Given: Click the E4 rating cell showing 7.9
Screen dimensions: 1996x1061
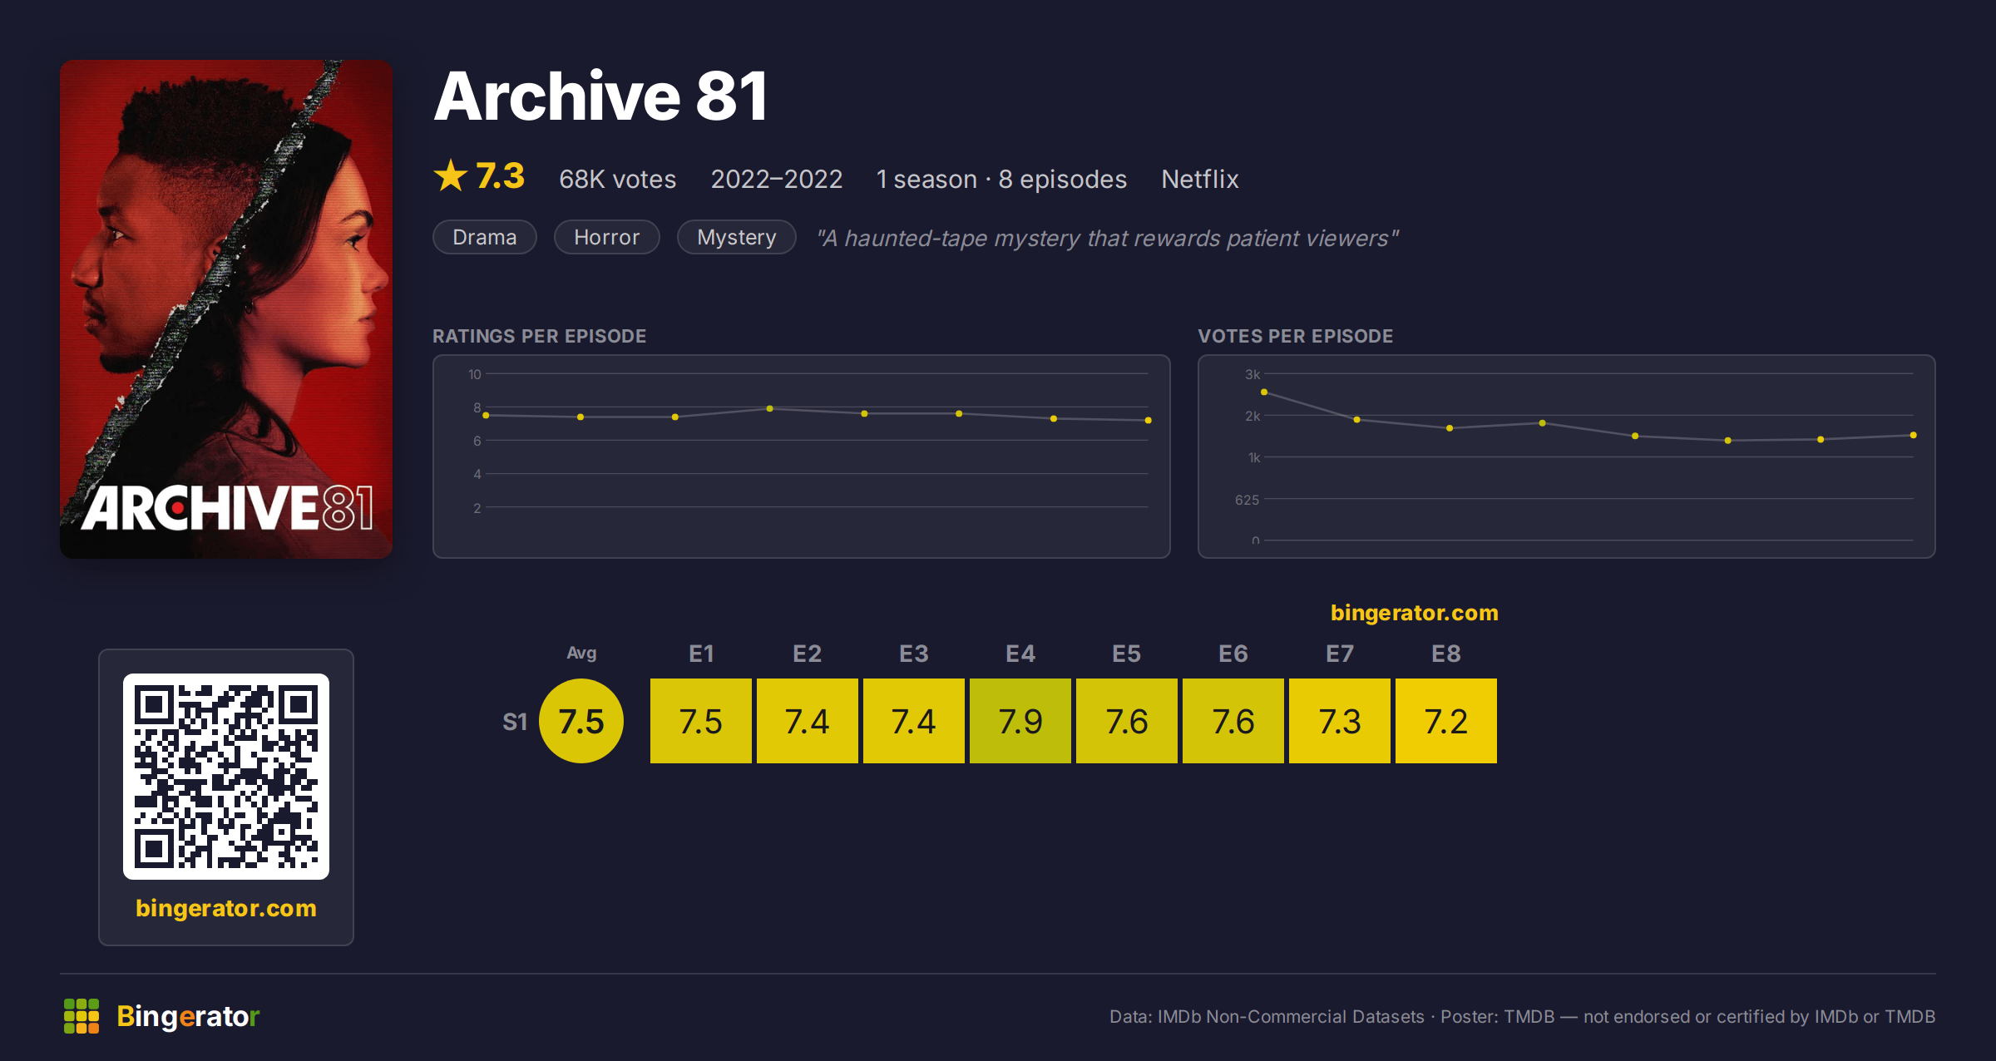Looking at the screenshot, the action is (1020, 721).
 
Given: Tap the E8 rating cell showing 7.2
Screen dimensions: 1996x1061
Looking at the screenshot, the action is (1446, 721).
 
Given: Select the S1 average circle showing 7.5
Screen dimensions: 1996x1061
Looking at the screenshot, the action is (581, 721).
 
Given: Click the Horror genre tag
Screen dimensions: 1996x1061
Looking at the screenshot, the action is (607, 237).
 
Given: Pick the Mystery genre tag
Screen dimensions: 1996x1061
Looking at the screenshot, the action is (737, 237).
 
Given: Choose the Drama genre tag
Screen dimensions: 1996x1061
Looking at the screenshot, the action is (485, 237).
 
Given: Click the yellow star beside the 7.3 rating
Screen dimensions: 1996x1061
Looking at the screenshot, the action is (451, 175).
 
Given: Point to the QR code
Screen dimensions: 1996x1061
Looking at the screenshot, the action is (226, 777).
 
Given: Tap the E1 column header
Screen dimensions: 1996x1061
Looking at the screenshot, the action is (701, 654).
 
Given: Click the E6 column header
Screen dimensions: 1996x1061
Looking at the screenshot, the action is (1233, 654).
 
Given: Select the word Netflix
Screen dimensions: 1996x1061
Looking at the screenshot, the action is (1200, 179).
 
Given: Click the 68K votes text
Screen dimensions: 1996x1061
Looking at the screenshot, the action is (618, 179).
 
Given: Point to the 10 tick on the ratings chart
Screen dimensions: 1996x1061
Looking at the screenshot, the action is (474, 374).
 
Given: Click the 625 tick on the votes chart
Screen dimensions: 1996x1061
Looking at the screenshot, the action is (1247, 500).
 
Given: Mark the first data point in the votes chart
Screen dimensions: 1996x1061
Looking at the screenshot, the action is (1264, 392).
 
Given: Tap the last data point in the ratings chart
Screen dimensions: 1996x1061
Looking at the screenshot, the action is (1149, 420).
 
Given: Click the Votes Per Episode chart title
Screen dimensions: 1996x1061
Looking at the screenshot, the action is (1296, 336).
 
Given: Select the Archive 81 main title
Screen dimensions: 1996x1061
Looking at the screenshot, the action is (601, 96).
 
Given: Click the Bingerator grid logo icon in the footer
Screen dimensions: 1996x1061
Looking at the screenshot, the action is (82, 1016).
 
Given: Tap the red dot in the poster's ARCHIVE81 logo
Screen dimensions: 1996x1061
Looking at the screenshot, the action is (178, 508).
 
